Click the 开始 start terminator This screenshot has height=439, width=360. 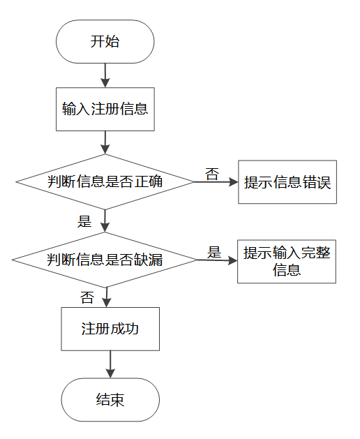(105, 41)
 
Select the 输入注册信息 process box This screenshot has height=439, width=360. (105, 109)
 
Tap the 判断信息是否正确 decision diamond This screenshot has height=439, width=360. (105, 181)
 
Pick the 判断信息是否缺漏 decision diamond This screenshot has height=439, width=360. (105, 260)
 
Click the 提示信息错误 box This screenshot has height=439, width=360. (287, 182)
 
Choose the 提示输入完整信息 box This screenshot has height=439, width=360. (287, 262)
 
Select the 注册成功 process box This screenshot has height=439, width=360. (110, 329)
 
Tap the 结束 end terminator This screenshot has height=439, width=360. (110, 400)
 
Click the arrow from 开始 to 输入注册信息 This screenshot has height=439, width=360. (105, 75)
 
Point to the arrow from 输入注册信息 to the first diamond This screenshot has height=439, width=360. (105, 142)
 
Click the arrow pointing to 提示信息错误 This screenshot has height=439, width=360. (216, 182)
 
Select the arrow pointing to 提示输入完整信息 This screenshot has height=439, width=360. (217, 260)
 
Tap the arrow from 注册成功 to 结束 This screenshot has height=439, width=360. (110, 364)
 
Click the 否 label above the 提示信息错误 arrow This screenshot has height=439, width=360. (212, 174)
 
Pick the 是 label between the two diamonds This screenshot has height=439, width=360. (84, 221)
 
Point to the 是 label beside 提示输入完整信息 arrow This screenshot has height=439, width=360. (214, 252)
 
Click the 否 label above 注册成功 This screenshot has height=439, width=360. (87, 297)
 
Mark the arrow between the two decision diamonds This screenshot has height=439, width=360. (105, 221)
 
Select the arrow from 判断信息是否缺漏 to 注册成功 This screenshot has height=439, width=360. (107, 297)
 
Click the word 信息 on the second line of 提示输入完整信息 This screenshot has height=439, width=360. (287, 270)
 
